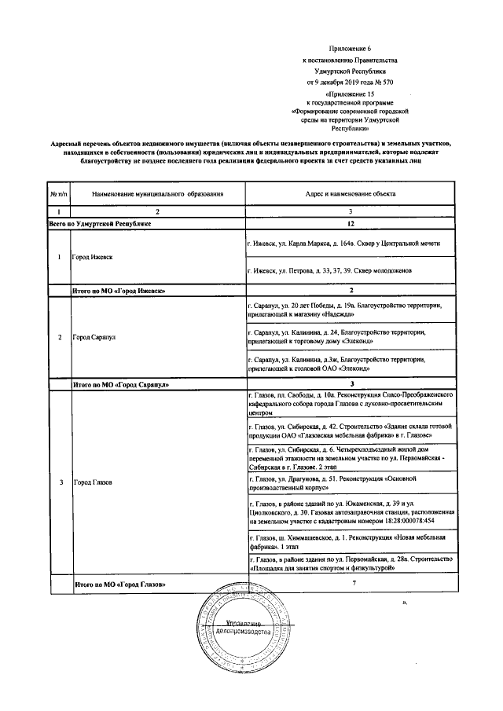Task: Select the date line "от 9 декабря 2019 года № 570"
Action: coord(351,82)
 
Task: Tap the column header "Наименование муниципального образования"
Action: coord(158,192)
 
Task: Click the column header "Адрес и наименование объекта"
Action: coord(351,192)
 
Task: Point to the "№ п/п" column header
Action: coord(59,192)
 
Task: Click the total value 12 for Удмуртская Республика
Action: coord(351,224)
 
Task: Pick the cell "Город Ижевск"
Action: coord(93,257)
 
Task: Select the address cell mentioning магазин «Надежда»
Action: coord(348,309)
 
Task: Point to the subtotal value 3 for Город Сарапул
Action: coord(351,384)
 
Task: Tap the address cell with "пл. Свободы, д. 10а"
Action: coord(348,402)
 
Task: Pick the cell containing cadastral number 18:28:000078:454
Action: coord(348,515)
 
